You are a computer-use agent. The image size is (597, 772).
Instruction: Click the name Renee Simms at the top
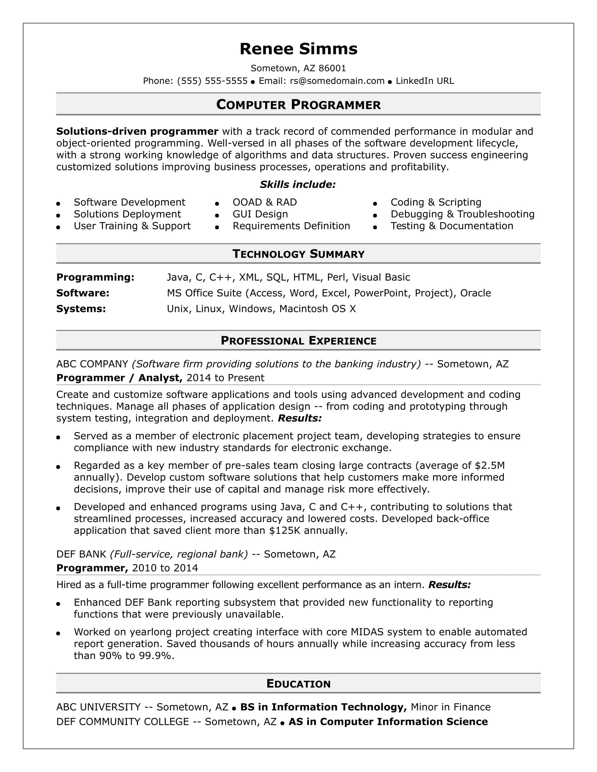pyautogui.click(x=298, y=49)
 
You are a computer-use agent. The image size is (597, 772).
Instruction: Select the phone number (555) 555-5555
pyautogui.click(x=212, y=81)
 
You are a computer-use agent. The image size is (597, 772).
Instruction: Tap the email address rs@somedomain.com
pyautogui.click(x=337, y=81)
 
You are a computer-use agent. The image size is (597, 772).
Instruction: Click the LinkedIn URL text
pyautogui.click(x=425, y=81)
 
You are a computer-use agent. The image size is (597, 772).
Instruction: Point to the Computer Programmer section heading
pyautogui.click(x=298, y=105)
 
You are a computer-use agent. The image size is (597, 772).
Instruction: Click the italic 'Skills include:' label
pyautogui.click(x=297, y=185)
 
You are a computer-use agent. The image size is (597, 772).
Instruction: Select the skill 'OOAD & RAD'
pyautogui.click(x=264, y=202)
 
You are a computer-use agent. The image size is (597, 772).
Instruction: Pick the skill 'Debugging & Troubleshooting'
pyautogui.click(x=462, y=214)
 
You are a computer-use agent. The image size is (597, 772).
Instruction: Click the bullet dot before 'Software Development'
pyautogui.click(x=58, y=204)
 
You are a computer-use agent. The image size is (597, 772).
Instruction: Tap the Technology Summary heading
pyautogui.click(x=298, y=254)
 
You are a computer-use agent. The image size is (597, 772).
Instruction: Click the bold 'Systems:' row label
pyautogui.click(x=81, y=309)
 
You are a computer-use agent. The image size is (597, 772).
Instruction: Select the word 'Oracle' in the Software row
pyautogui.click(x=475, y=293)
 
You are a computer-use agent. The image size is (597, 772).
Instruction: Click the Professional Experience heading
pyautogui.click(x=298, y=340)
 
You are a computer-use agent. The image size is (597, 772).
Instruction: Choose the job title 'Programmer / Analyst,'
pyautogui.click(x=119, y=378)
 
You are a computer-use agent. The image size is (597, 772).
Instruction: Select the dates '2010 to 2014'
pyautogui.click(x=165, y=568)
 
